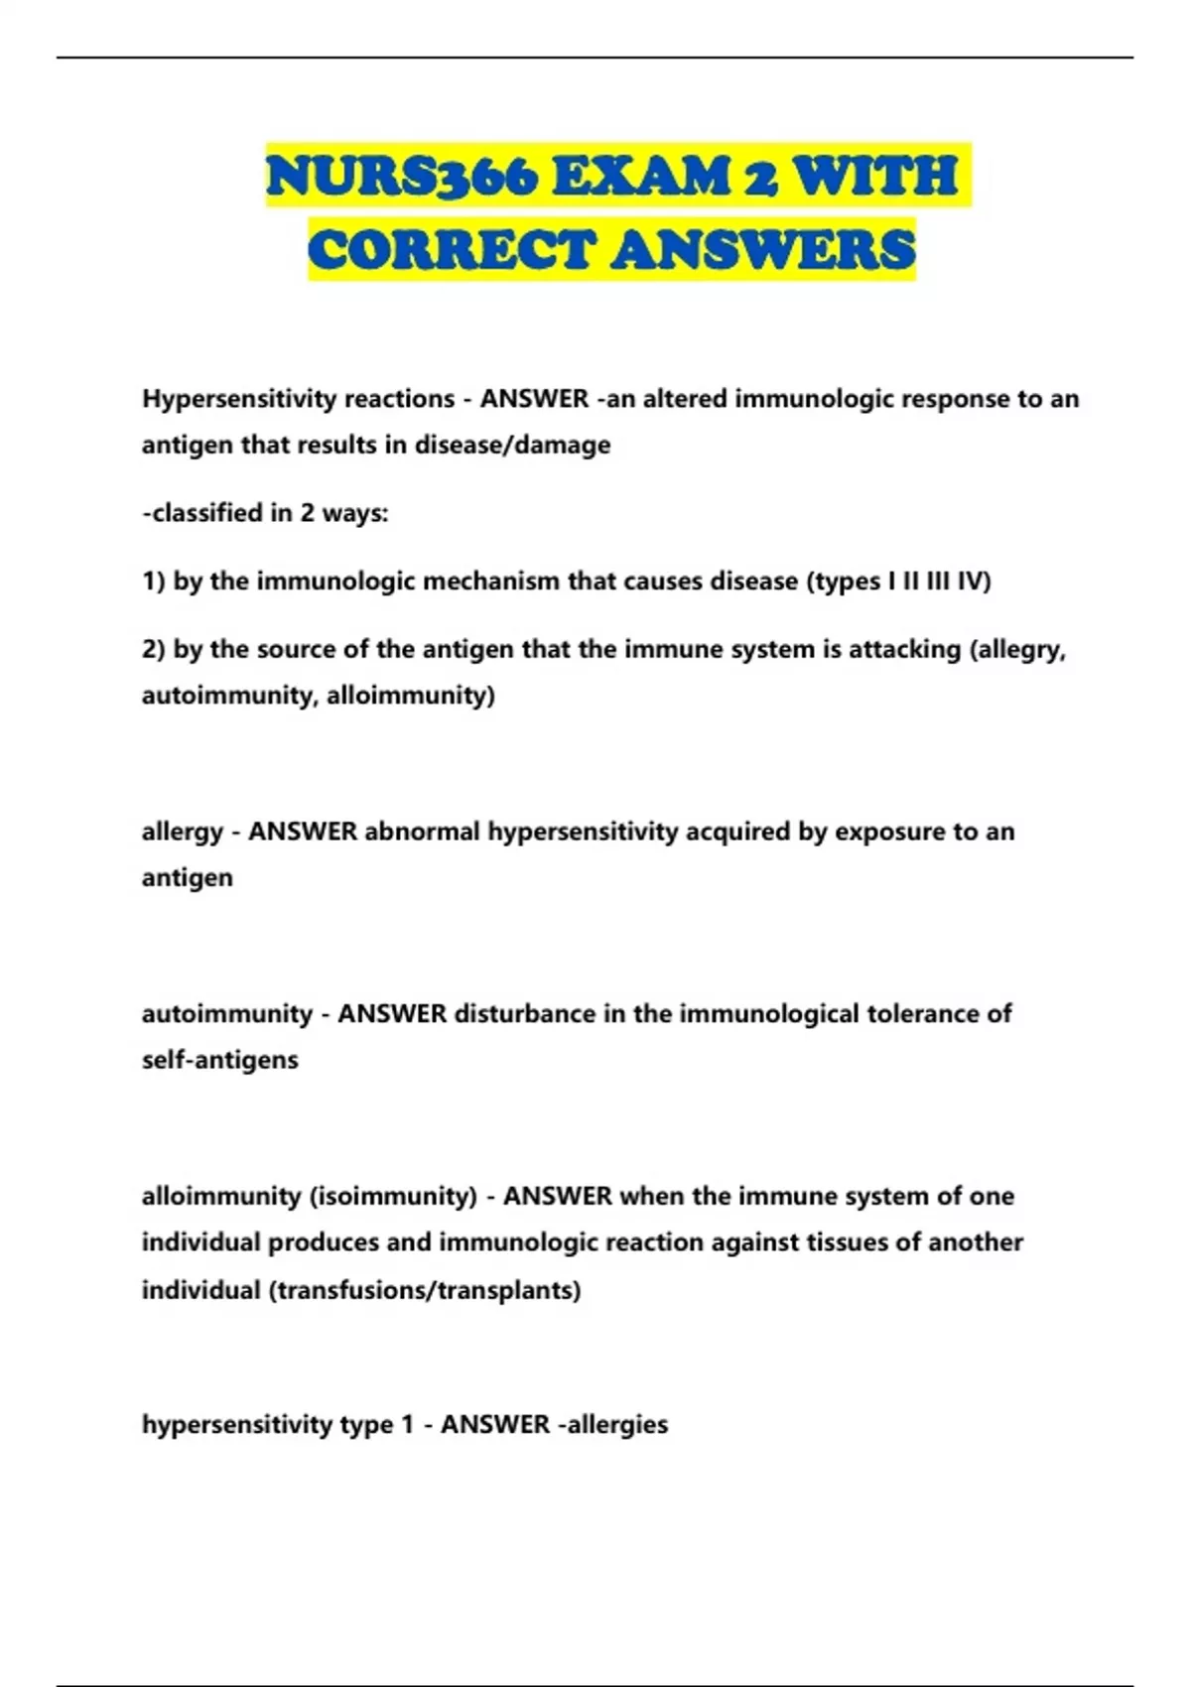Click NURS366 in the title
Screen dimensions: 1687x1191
(x=403, y=177)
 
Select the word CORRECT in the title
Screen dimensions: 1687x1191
(x=452, y=249)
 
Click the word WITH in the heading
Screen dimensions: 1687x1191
(x=876, y=177)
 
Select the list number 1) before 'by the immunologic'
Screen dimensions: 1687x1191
(x=154, y=582)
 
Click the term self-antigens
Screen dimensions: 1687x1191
(x=219, y=1060)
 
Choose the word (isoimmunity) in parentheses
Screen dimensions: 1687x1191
(x=393, y=1197)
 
